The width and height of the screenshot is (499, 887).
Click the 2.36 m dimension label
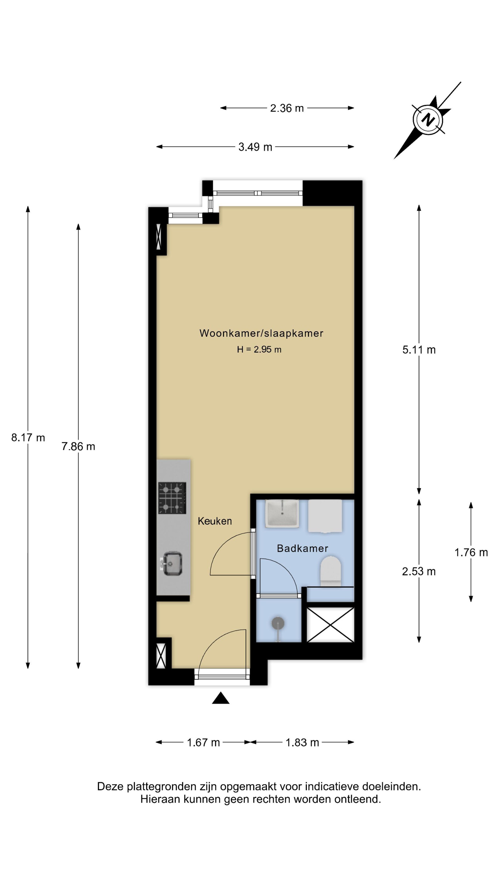pos(286,108)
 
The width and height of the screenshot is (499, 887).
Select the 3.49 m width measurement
pos(255,147)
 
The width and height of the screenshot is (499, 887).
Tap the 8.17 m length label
pos(28,438)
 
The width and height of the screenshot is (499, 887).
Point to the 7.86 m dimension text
pos(78,447)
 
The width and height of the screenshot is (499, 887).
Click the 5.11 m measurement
pos(419,350)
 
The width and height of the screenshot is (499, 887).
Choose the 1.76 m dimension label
pos(471,553)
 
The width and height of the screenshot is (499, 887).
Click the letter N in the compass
pos(428,119)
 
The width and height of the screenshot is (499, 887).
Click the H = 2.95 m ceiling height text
pos(259,350)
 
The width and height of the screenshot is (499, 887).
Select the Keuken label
pos(215,521)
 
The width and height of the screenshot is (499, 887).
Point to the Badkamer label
pos(302,549)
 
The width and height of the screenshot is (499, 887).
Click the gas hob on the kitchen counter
pos(172,498)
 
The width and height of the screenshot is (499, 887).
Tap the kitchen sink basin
pos(172,564)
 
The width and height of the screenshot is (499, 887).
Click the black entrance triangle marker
pos(221,698)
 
